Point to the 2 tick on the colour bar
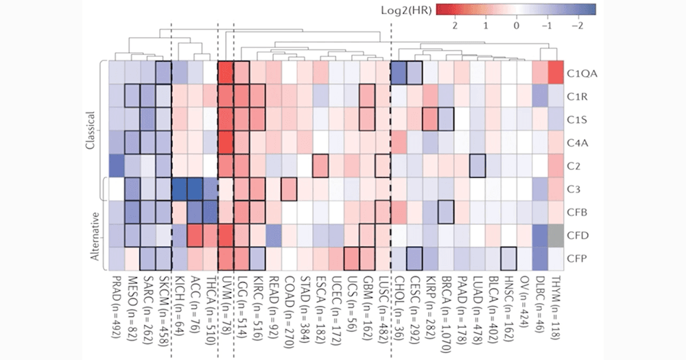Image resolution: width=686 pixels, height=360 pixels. click(x=455, y=25)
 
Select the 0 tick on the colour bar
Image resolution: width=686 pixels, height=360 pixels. click(x=516, y=25)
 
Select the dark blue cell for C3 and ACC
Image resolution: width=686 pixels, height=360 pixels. click(x=195, y=189)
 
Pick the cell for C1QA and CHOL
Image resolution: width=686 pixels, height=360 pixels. click(x=399, y=72)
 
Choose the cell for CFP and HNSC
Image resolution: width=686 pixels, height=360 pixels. click(x=508, y=259)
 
